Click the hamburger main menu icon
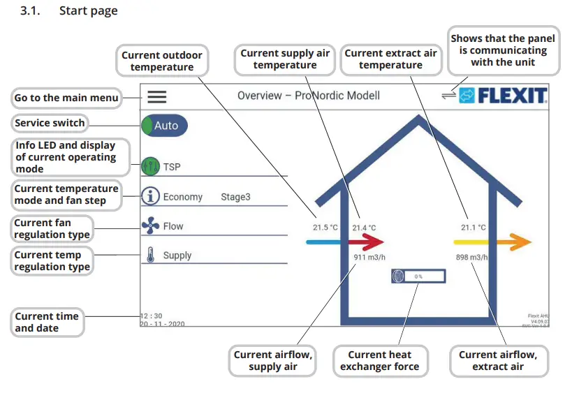coord(156,97)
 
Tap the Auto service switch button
coord(165,126)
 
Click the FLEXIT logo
coord(503,96)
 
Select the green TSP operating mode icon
coord(150,167)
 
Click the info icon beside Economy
coord(150,196)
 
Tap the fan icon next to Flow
coord(150,225)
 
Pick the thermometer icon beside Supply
coord(150,255)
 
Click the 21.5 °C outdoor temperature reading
coord(325,228)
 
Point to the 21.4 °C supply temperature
coord(364,228)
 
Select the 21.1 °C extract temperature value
coord(473,228)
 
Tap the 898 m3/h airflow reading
coord(471,258)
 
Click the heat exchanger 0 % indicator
coord(418,276)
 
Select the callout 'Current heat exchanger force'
coord(379,360)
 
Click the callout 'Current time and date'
coord(47,322)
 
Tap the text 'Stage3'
coord(235,197)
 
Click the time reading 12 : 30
coord(151,316)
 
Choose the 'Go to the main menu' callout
coord(66,98)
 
